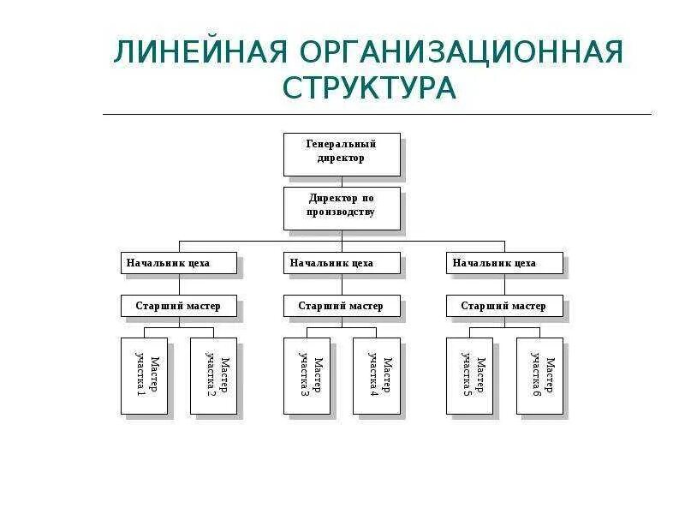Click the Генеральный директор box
(342, 152)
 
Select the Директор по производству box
(342, 206)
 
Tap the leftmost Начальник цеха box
(178, 263)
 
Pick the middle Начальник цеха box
(342, 263)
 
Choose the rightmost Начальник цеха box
(505, 263)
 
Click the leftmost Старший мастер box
(178, 306)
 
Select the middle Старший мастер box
(342, 306)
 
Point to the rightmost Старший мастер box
(505, 306)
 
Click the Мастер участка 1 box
(144, 375)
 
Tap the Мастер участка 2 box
(213, 375)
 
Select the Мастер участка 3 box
(307, 375)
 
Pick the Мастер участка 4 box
(376, 375)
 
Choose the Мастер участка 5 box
(469, 375)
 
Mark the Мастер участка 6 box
(539, 375)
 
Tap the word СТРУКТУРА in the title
(368, 87)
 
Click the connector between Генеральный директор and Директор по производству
(342, 182)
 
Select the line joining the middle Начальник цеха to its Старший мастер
(342, 284)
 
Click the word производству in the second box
(342, 212)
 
